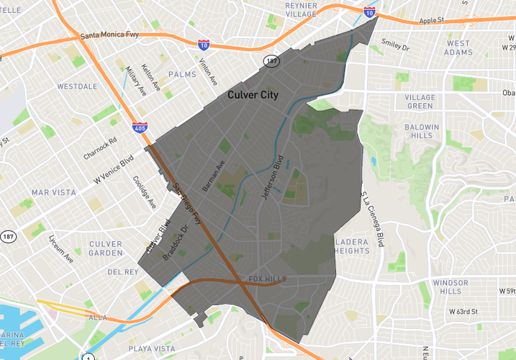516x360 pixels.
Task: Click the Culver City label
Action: pyautogui.click(x=253, y=94)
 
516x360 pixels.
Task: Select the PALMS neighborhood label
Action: pyautogui.click(x=182, y=74)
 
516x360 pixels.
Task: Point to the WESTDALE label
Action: pyautogui.click(x=77, y=86)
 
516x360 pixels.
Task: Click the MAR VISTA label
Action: pyautogui.click(x=54, y=192)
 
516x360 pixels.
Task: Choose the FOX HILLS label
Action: pyautogui.click(x=267, y=279)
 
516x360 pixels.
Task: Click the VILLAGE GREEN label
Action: pyautogui.click(x=420, y=102)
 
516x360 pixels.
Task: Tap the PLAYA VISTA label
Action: pyautogui.click(x=151, y=348)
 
